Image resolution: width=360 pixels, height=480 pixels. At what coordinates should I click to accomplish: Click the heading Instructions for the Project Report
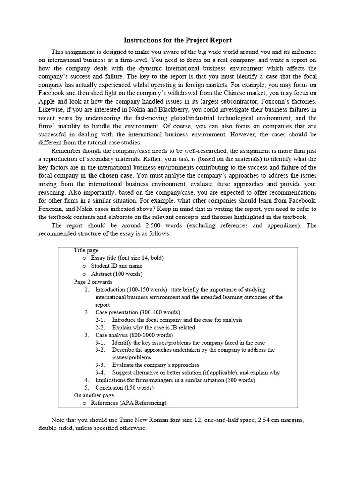pos(177,40)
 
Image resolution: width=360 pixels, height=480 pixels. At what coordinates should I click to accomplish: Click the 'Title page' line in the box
pos(87,250)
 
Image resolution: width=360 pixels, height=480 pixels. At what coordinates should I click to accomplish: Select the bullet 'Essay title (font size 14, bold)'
pos(127,258)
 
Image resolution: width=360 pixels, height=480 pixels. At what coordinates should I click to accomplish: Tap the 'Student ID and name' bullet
pos(116,266)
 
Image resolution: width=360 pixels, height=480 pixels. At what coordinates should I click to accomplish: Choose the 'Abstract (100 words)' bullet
pos(117,274)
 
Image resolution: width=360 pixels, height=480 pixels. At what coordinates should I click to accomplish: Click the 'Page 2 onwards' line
pos(93,282)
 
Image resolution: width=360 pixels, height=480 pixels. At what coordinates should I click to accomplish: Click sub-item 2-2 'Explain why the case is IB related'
pos(153,327)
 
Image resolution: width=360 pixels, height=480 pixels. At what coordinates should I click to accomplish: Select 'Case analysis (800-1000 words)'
pos(134,335)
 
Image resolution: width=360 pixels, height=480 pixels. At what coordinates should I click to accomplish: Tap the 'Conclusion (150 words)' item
pos(124,388)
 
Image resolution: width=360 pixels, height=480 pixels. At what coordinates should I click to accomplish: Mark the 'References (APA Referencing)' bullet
pos(128,403)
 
